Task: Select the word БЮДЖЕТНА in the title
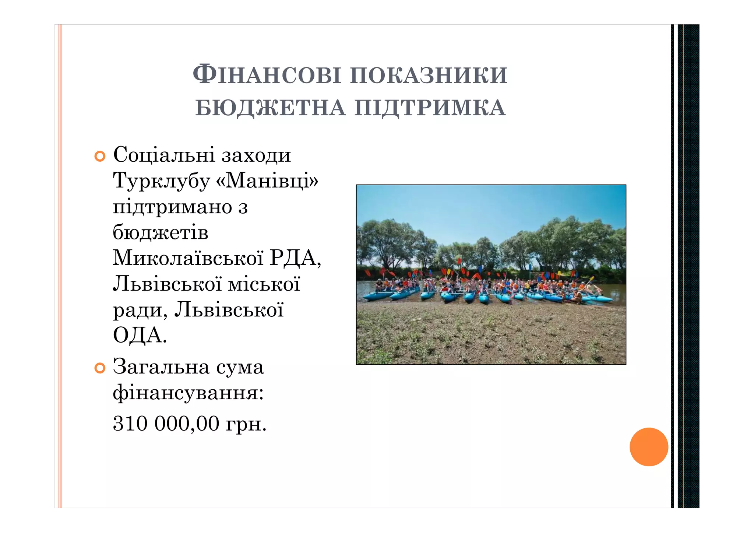270,108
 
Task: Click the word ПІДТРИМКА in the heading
430,108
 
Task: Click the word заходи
256,155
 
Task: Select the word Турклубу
161,181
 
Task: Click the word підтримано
172,207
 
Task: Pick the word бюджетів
161,232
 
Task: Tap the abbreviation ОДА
139,335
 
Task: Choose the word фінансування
188,393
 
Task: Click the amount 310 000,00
166,424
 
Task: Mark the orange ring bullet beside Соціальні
100,157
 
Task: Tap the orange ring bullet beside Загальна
100,368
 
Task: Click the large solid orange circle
649,447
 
